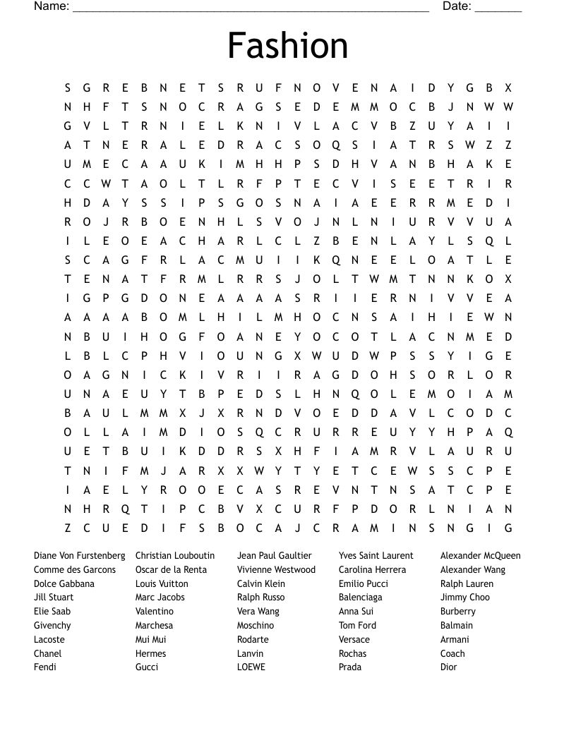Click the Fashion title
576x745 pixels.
tap(287, 46)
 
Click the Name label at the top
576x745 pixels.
tap(51, 6)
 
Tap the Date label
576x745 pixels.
tap(457, 6)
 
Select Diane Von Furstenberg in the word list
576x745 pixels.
tap(79, 556)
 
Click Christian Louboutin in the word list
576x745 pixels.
tap(175, 556)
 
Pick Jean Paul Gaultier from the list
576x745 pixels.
tap(274, 556)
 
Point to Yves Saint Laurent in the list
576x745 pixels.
tap(376, 556)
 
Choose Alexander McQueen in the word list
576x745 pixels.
tap(480, 556)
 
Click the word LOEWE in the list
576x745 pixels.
tap(251, 667)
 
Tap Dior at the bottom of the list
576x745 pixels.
tap(448, 667)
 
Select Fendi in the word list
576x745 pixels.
tap(45, 667)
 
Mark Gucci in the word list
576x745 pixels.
tap(147, 667)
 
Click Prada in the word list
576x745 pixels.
tap(350, 667)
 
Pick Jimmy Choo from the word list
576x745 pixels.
tap(464, 598)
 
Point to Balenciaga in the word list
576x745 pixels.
tap(360, 598)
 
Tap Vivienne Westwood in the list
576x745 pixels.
tap(276, 570)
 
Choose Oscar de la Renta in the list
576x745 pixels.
tap(171, 570)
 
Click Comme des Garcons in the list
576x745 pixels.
tap(75, 570)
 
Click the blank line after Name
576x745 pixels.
tap(251, 8)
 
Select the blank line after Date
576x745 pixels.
tap(498, 8)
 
